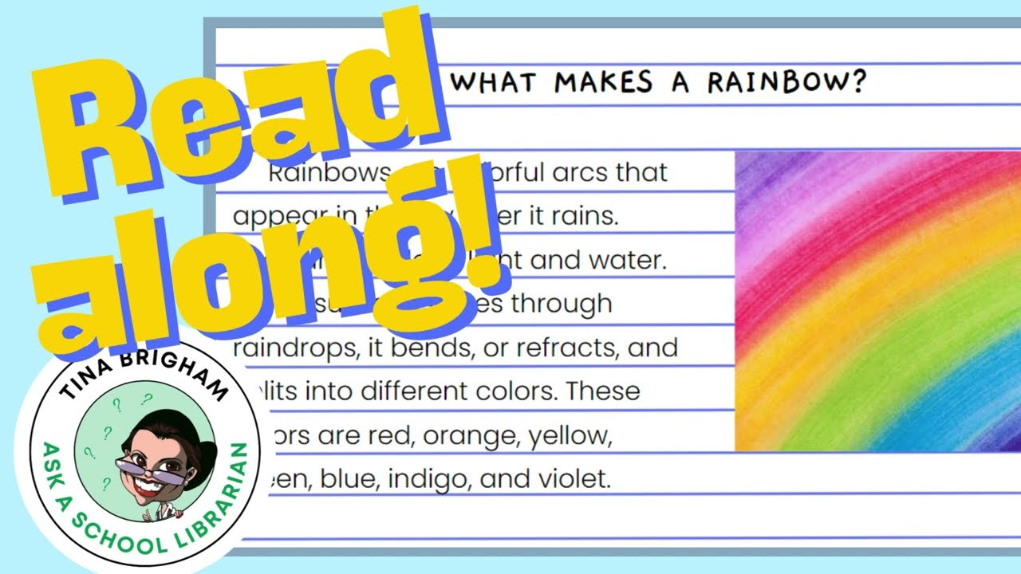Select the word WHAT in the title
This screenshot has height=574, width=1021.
[x=498, y=82]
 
